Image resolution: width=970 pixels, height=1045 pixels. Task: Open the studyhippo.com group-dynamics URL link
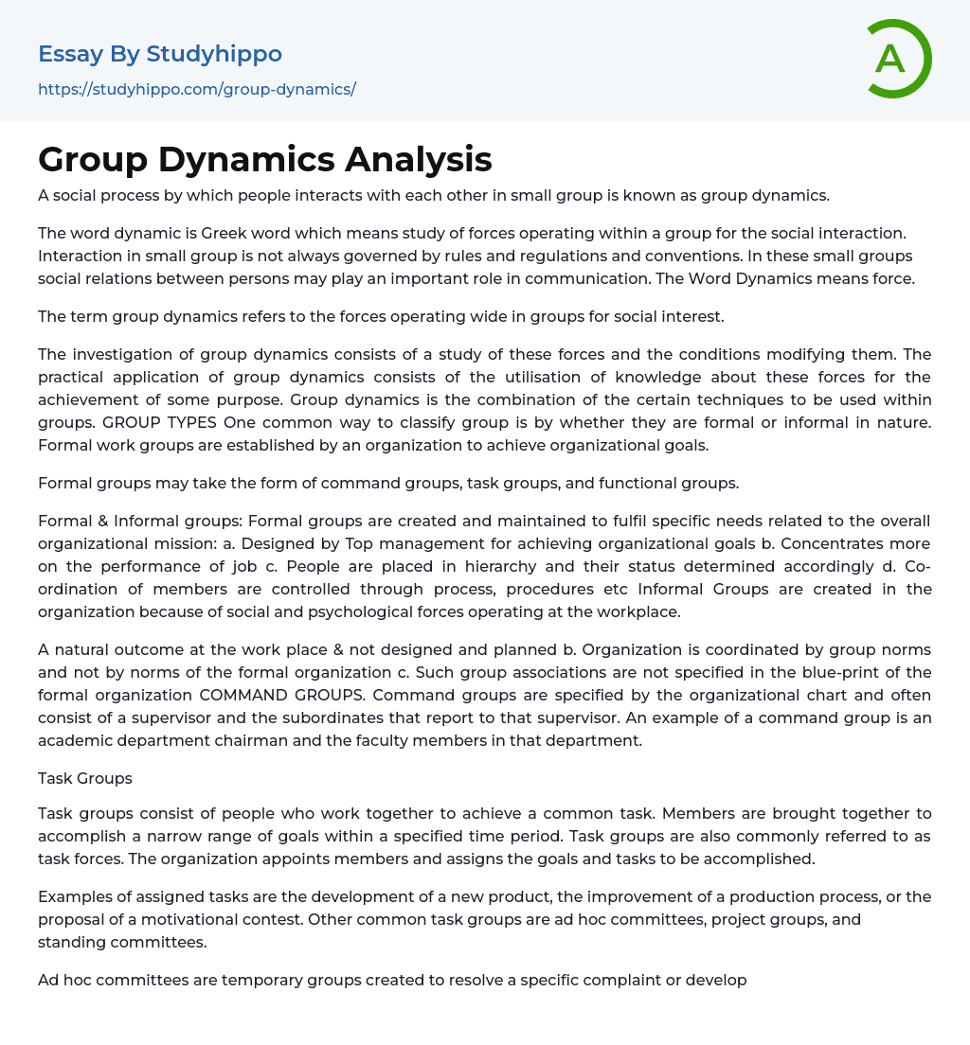click(197, 89)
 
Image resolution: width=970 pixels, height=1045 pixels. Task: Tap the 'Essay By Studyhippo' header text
click(160, 54)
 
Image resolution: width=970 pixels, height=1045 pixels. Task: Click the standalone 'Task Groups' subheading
click(85, 778)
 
